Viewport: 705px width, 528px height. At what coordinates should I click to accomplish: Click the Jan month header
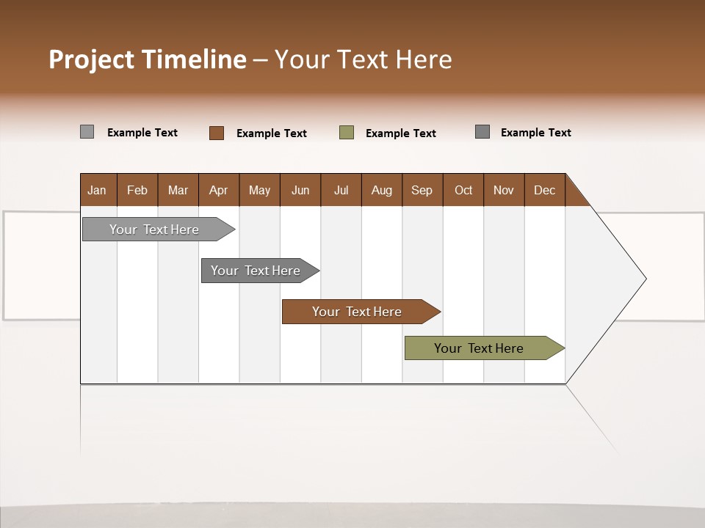point(98,190)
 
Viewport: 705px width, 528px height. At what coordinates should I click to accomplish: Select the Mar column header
point(178,190)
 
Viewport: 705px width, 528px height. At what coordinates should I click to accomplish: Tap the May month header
point(259,190)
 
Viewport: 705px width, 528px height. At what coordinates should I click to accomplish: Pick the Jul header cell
point(341,190)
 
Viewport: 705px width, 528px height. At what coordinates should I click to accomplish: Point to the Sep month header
point(422,190)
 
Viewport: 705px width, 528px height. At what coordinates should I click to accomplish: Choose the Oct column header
point(463,190)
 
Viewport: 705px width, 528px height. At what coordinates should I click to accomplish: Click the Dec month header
point(544,190)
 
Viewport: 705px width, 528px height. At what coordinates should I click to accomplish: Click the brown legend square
point(217,133)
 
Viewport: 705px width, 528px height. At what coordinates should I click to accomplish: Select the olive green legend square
point(347,133)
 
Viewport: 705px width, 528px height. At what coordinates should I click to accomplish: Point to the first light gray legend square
point(87,132)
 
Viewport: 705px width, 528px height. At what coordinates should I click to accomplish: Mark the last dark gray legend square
point(482,132)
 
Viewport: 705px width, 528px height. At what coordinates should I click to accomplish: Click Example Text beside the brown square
point(272,133)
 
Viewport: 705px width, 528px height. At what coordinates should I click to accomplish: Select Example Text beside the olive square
point(401,133)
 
